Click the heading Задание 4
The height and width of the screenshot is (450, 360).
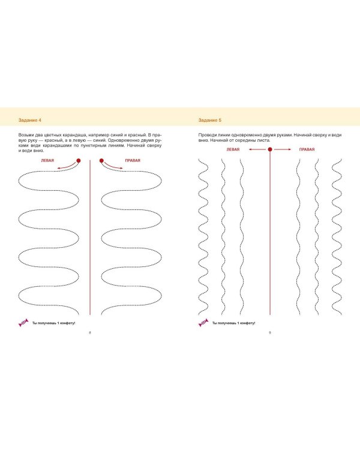pos(30,120)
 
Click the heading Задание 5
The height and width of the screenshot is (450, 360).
pos(210,120)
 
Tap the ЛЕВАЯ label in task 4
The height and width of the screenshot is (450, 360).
pos(47,161)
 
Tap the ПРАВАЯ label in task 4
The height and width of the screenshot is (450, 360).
pos(133,161)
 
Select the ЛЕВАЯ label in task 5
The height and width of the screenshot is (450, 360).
pos(233,149)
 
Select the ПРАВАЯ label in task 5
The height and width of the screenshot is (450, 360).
pos(307,149)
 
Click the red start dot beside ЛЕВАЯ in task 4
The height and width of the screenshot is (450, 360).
pos(79,161)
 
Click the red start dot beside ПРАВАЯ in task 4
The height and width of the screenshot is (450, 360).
pos(101,161)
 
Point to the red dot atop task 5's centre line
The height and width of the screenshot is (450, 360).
pos(270,149)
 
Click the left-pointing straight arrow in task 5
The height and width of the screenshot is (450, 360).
pos(257,149)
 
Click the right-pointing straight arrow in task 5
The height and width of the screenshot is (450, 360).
pos(283,149)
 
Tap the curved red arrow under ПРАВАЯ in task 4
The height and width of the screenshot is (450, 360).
pos(112,166)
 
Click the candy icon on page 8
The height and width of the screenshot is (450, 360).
pos(23,323)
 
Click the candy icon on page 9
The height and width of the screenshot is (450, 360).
pos(203,323)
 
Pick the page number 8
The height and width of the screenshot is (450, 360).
pos(90,332)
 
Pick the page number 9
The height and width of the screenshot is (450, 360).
pos(270,332)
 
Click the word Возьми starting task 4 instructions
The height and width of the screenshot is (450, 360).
pos(26,135)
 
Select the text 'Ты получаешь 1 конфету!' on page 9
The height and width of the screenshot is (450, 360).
pos(233,323)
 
